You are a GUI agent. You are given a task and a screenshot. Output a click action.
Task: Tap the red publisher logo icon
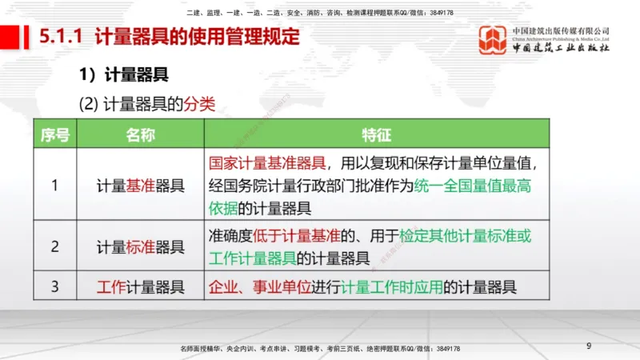(492, 40)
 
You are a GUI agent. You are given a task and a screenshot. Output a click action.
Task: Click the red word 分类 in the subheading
(200, 104)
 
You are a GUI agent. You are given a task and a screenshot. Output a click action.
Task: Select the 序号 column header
(54, 134)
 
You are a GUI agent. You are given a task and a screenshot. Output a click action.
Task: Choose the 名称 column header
(140, 134)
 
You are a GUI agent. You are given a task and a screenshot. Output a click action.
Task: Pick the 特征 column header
(376, 134)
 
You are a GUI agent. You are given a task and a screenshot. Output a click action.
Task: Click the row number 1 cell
(54, 186)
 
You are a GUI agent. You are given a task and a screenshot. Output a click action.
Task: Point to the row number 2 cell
(54, 246)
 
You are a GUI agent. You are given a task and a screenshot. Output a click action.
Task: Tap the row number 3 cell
(54, 286)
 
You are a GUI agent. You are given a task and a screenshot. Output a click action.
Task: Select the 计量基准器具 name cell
(140, 186)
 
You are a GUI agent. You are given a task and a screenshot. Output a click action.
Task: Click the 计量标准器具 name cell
(140, 246)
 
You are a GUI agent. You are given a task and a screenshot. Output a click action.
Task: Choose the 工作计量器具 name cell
(140, 286)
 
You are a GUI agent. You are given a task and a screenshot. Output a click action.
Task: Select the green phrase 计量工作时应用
(392, 286)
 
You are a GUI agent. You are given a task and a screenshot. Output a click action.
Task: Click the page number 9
(589, 346)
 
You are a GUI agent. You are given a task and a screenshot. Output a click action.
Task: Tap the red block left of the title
(10, 37)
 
